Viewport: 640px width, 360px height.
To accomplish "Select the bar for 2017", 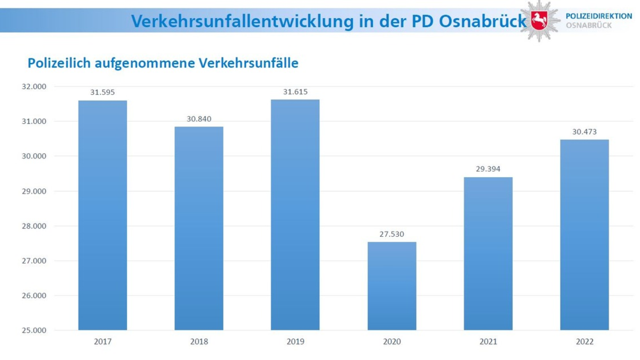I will point(102,215).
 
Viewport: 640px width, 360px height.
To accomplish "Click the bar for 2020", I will point(392,286).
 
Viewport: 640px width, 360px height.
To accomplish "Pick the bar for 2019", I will point(295,214).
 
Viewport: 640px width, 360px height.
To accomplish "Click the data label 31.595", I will point(102,92).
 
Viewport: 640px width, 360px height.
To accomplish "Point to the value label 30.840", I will point(199,118).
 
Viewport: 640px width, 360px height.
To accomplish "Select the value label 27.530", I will point(392,234).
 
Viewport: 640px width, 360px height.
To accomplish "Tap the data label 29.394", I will point(488,169).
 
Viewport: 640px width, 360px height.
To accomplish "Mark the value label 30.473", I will point(585,131).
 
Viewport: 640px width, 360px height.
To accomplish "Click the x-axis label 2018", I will point(199,341).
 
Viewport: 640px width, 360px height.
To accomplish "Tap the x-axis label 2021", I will point(488,341).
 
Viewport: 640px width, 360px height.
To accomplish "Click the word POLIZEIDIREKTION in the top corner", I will point(598,17).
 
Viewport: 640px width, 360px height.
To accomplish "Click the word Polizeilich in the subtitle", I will point(59,63).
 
